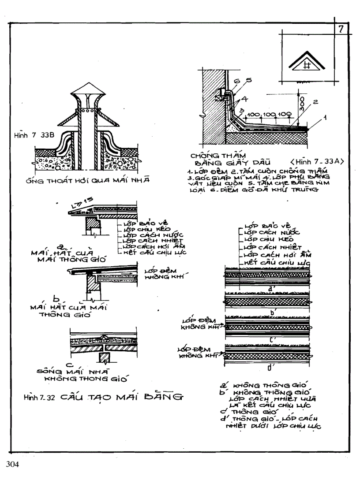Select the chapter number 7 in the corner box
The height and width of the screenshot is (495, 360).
(341, 30)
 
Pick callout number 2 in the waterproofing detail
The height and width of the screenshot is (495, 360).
(315, 101)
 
